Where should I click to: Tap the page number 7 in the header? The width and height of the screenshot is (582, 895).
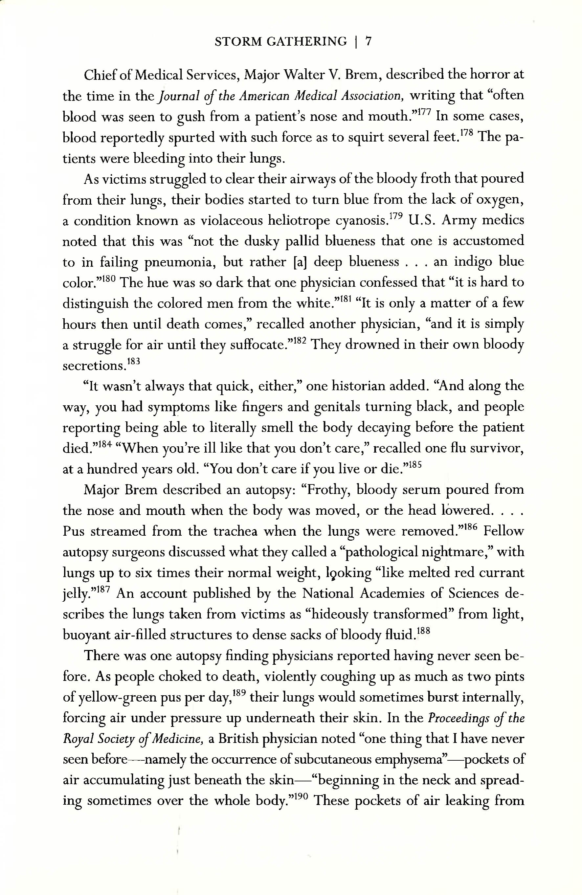(368, 41)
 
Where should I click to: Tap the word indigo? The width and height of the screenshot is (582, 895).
(473, 262)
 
